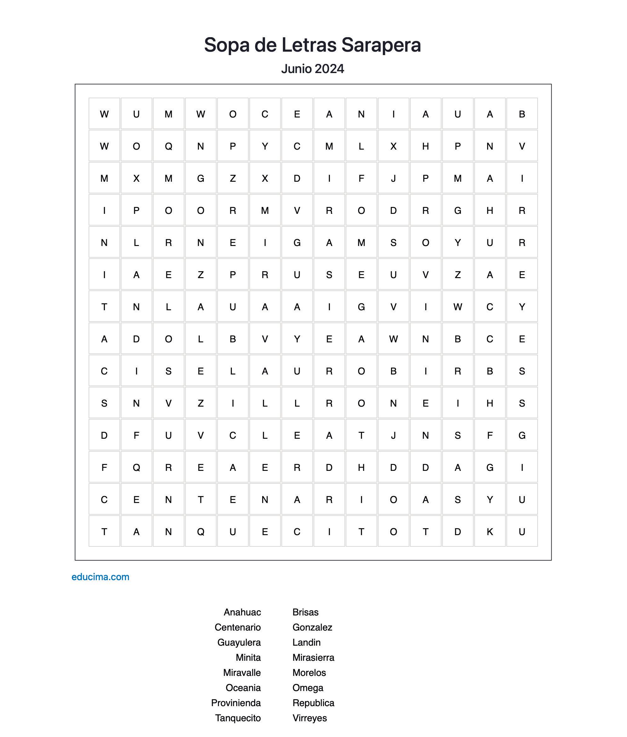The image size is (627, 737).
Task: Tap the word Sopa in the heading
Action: click(227, 45)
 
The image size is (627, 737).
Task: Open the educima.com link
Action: click(100, 577)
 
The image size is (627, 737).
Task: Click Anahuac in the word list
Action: click(242, 612)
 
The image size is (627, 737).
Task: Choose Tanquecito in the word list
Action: click(238, 718)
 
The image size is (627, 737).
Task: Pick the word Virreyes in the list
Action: click(310, 718)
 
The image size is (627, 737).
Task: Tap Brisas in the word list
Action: click(305, 612)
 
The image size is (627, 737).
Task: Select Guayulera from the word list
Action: click(239, 642)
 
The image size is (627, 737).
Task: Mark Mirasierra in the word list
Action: click(313, 657)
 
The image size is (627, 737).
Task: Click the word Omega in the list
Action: click(308, 688)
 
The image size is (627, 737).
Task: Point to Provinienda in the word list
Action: click(236, 703)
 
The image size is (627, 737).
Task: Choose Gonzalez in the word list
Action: click(312, 627)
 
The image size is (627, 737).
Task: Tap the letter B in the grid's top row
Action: click(522, 114)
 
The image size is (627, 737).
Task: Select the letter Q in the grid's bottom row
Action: click(200, 532)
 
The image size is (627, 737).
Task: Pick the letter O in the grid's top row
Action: click(233, 114)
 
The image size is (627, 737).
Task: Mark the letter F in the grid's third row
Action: click(361, 178)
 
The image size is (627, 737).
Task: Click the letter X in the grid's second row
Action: click(393, 146)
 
